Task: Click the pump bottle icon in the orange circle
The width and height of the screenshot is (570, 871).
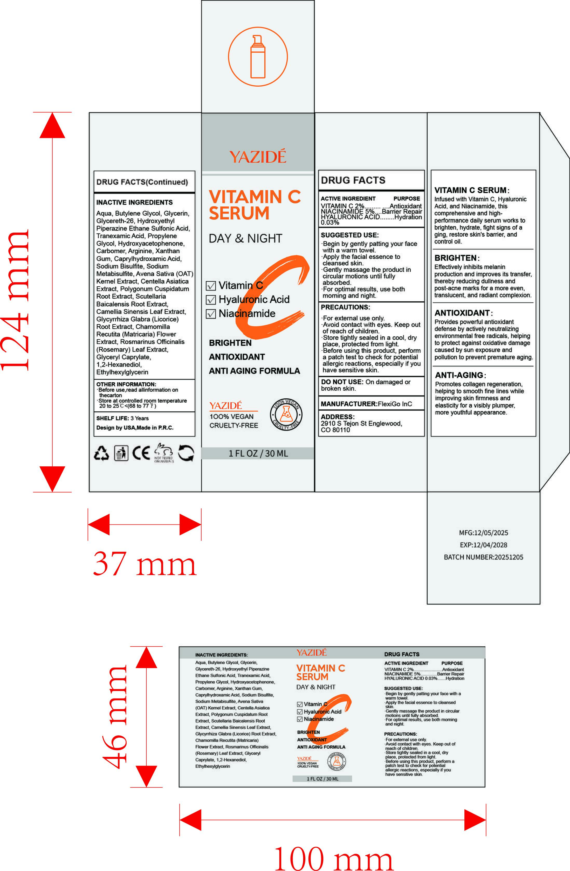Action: pyautogui.click(x=258, y=57)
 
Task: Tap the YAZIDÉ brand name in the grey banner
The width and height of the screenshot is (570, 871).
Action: pyautogui.click(x=258, y=157)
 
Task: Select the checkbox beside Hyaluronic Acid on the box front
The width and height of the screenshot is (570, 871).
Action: pyautogui.click(x=211, y=300)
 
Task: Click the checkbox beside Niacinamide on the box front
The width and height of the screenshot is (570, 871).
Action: pyautogui.click(x=211, y=314)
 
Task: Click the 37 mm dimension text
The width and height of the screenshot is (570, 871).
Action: pyautogui.click(x=145, y=564)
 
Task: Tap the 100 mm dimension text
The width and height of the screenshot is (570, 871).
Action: pyautogui.click(x=333, y=858)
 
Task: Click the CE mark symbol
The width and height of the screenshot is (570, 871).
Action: pyautogui.click(x=141, y=453)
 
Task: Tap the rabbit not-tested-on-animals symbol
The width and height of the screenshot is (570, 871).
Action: pyautogui.click(x=163, y=453)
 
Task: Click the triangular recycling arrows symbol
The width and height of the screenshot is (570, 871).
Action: pyautogui.click(x=101, y=453)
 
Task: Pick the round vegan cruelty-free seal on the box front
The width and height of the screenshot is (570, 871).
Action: pyautogui.click(x=286, y=415)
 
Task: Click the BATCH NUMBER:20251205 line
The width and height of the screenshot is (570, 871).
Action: pyautogui.click(x=483, y=557)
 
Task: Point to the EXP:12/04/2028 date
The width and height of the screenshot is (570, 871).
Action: pyautogui.click(x=483, y=545)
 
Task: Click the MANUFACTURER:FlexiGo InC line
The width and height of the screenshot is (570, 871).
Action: pyautogui.click(x=366, y=404)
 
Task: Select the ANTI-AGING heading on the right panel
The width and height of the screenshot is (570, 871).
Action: pyautogui.click(x=459, y=375)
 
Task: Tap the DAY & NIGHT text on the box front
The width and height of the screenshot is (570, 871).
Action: pyautogui.click(x=245, y=239)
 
